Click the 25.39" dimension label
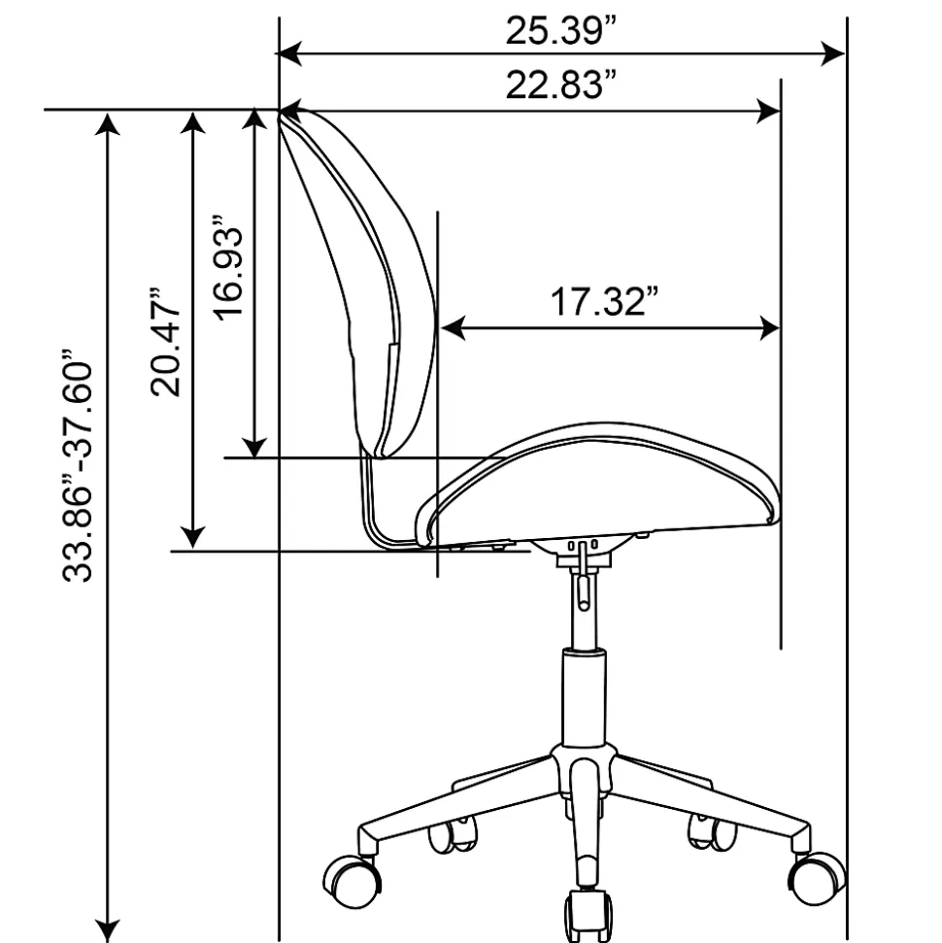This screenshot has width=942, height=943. point(561,30)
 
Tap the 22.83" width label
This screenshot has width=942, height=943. point(561,84)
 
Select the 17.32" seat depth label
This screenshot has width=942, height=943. point(605,301)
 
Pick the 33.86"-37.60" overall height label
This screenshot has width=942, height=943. point(78,465)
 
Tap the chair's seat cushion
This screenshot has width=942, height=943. point(598,485)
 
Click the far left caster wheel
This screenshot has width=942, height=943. point(352,881)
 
